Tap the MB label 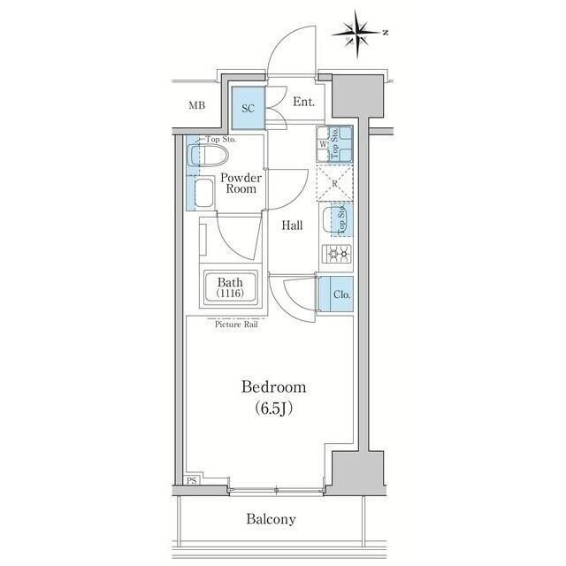196,107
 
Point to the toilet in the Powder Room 209,157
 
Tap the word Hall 292,226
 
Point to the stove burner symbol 336,255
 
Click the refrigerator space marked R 336,184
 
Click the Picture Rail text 235,325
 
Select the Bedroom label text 274,386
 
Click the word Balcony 272,519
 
